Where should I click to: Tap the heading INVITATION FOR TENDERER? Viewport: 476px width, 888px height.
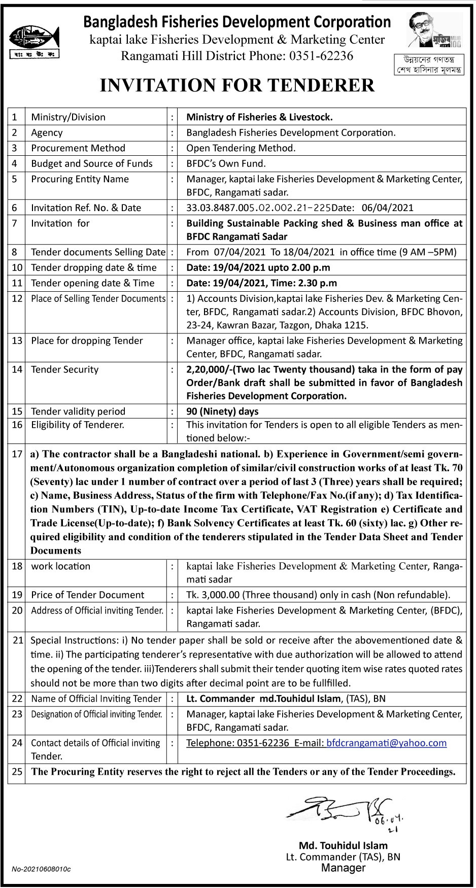[237, 85]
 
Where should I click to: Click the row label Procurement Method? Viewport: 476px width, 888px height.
[78, 148]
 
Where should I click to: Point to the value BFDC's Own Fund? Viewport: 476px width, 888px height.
[226, 163]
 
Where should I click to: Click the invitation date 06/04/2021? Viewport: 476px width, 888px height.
[388, 208]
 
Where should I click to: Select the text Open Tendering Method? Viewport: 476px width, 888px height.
[241, 148]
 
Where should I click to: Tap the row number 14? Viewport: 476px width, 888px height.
[17, 369]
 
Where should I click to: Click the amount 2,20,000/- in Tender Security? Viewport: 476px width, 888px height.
[207, 369]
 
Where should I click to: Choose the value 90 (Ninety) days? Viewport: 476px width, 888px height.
[222, 412]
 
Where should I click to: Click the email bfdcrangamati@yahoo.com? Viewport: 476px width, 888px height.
[386, 743]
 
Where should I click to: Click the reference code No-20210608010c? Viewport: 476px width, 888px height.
[41, 869]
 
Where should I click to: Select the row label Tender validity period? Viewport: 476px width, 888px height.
[78, 412]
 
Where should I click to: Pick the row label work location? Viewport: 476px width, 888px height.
[61, 566]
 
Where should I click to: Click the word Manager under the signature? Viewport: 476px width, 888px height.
[343, 868]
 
